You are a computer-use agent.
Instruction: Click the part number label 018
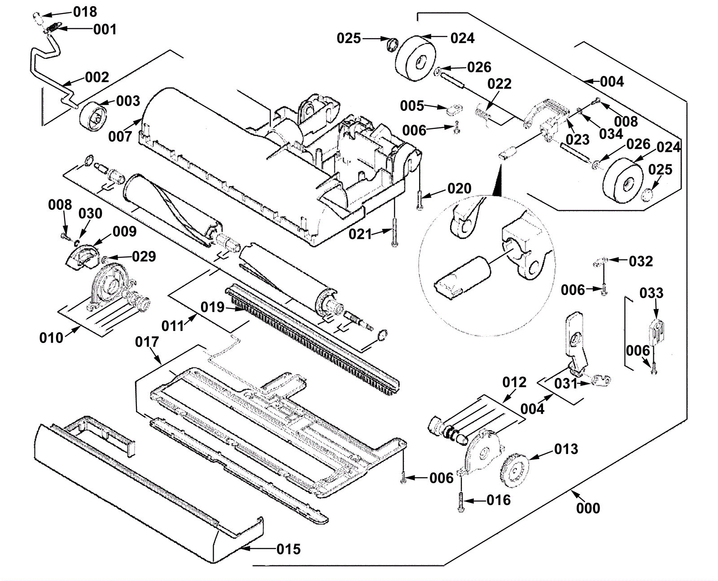[x=85, y=12]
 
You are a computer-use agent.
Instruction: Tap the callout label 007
[x=120, y=136]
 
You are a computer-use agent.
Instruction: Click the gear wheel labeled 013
[x=513, y=470]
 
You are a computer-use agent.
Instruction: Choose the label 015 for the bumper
[x=288, y=549]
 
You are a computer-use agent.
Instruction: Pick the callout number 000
[x=588, y=508]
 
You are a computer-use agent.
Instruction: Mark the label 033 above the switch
[x=651, y=293]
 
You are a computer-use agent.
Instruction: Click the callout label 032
[x=640, y=261]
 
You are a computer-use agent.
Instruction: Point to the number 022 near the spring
[x=499, y=84]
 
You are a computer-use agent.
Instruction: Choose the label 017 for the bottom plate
[x=147, y=342]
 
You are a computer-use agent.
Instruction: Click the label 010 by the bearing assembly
[x=51, y=338]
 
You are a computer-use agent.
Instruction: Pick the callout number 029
[x=144, y=256]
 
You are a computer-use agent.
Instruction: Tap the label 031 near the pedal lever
[x=565, y=383]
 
